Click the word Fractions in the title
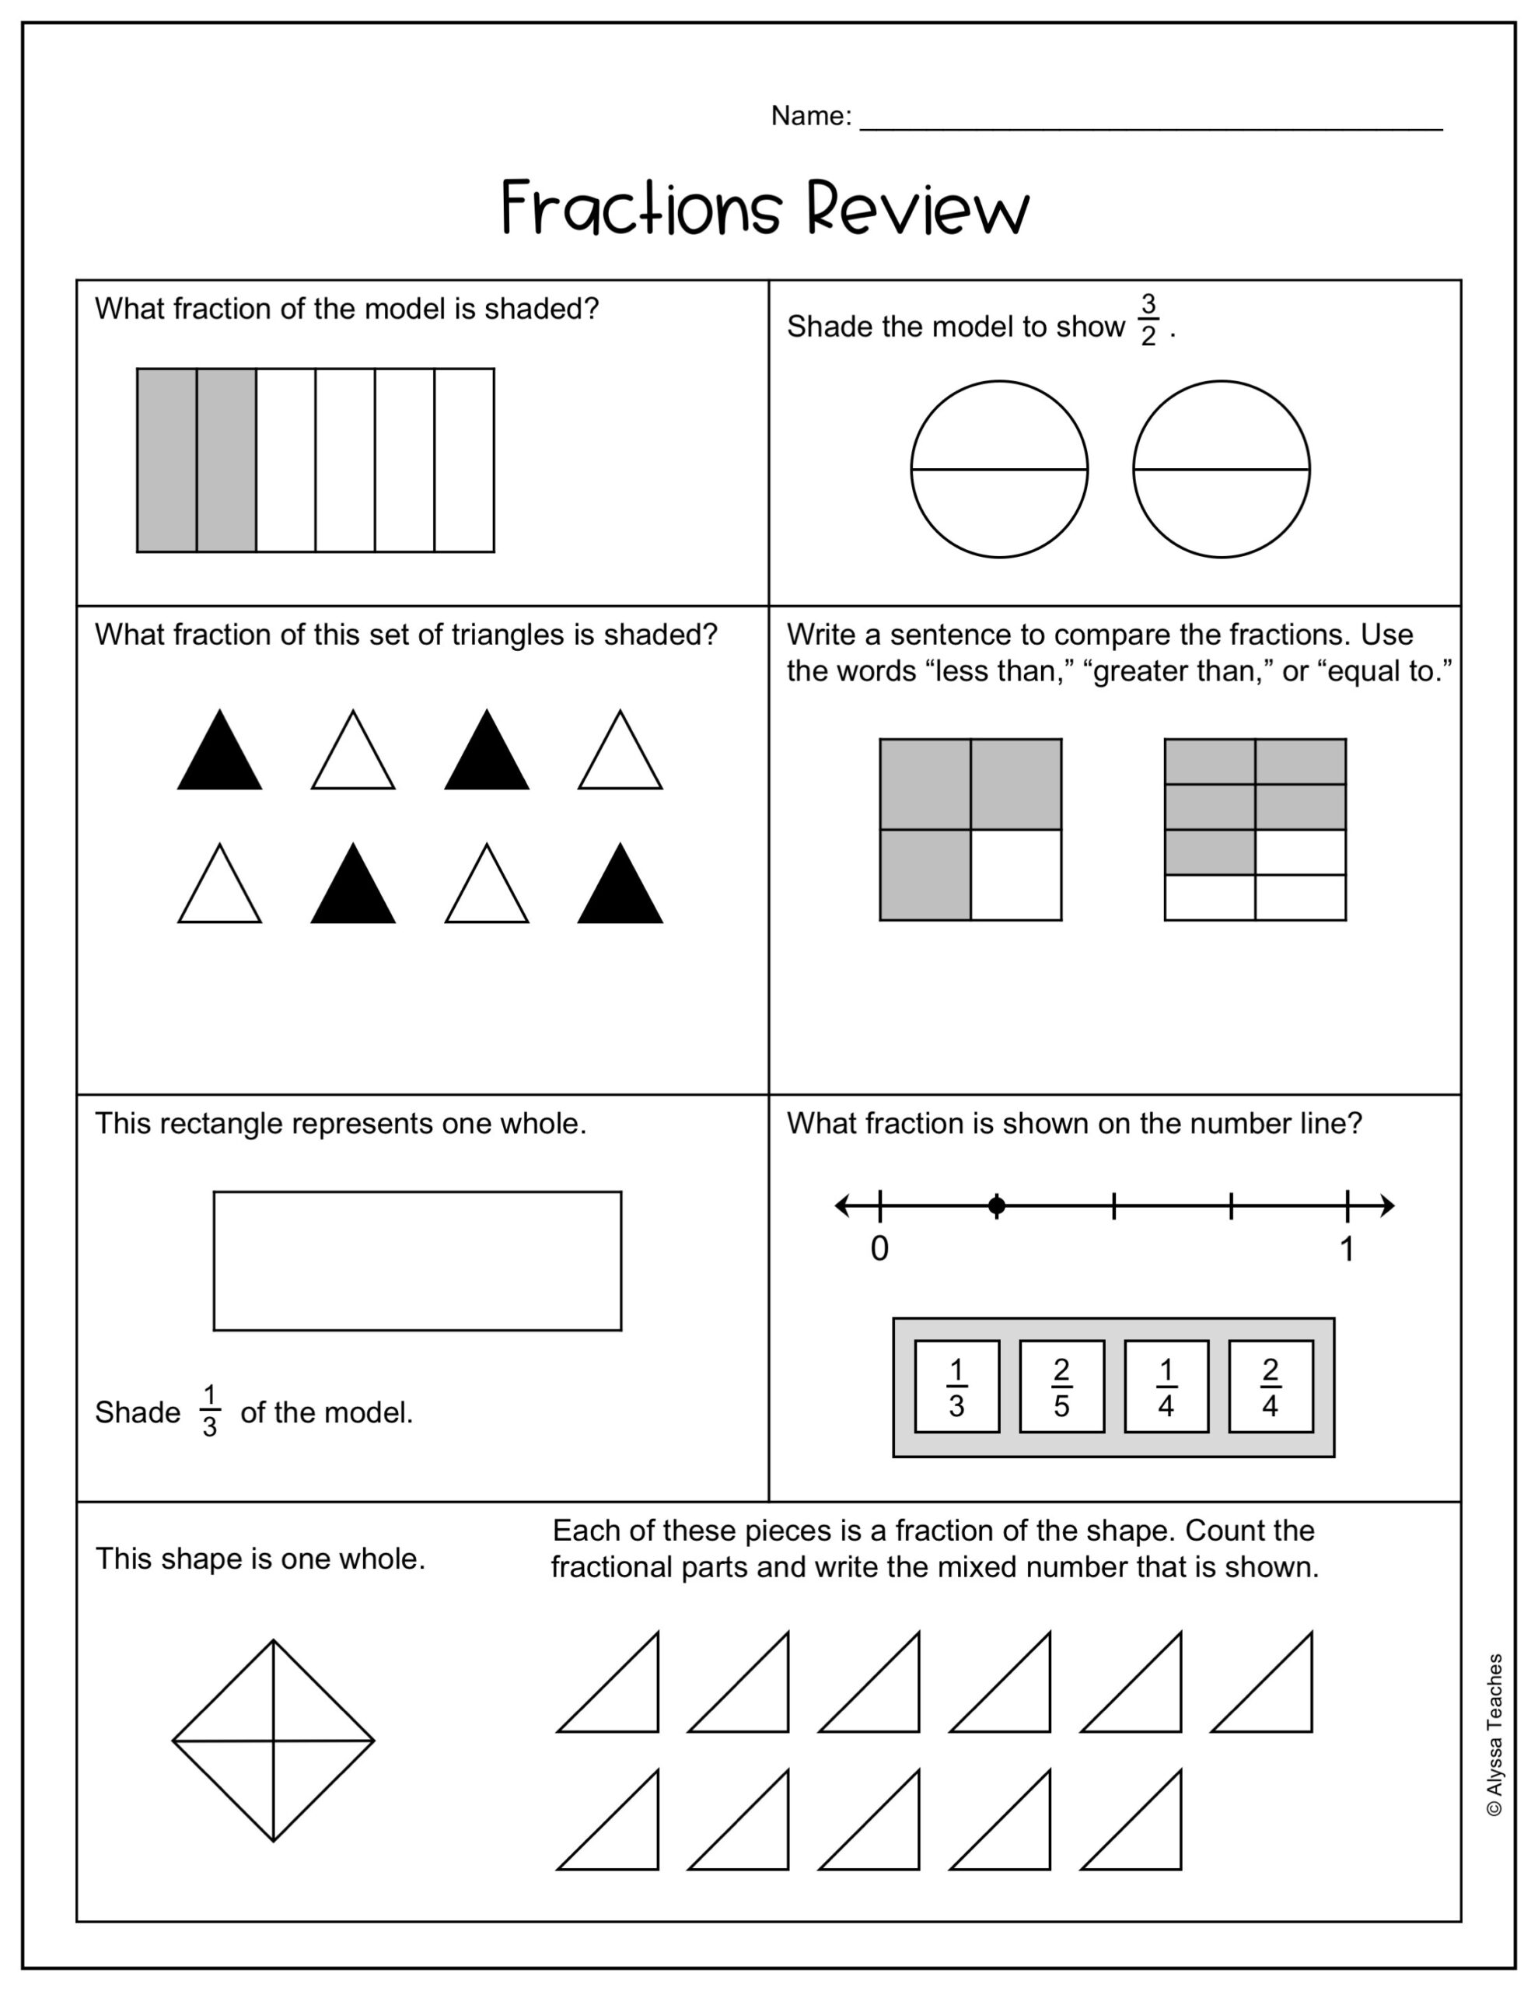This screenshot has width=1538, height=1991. [641, 208]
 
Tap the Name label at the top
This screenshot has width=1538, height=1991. [809, 116]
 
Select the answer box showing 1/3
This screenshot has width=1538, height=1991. [956, 1387]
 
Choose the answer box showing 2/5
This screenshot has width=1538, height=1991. [1061, 1387]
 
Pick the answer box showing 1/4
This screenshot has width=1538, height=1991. [1166, 1387]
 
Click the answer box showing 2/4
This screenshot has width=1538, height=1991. [1270, 1387]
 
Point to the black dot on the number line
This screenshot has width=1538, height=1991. [997, 1206]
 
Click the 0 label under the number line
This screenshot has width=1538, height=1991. [879, 1249]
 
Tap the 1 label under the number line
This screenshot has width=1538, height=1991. [1347, 1249]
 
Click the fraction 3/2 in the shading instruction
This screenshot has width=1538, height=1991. [1148, 320]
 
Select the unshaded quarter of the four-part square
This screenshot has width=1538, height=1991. [1015, 875]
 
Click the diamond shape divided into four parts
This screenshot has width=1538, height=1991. [274, 1741]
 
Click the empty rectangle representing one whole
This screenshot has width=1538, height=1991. [418, 1261]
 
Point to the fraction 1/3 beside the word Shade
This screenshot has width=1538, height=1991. [210, 1412]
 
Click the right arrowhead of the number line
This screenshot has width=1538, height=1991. [1388, 1206]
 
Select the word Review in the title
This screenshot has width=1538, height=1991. [918, 208]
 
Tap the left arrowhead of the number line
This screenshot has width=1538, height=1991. [841, 1206]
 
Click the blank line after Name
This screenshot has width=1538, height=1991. [1151, 123]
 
